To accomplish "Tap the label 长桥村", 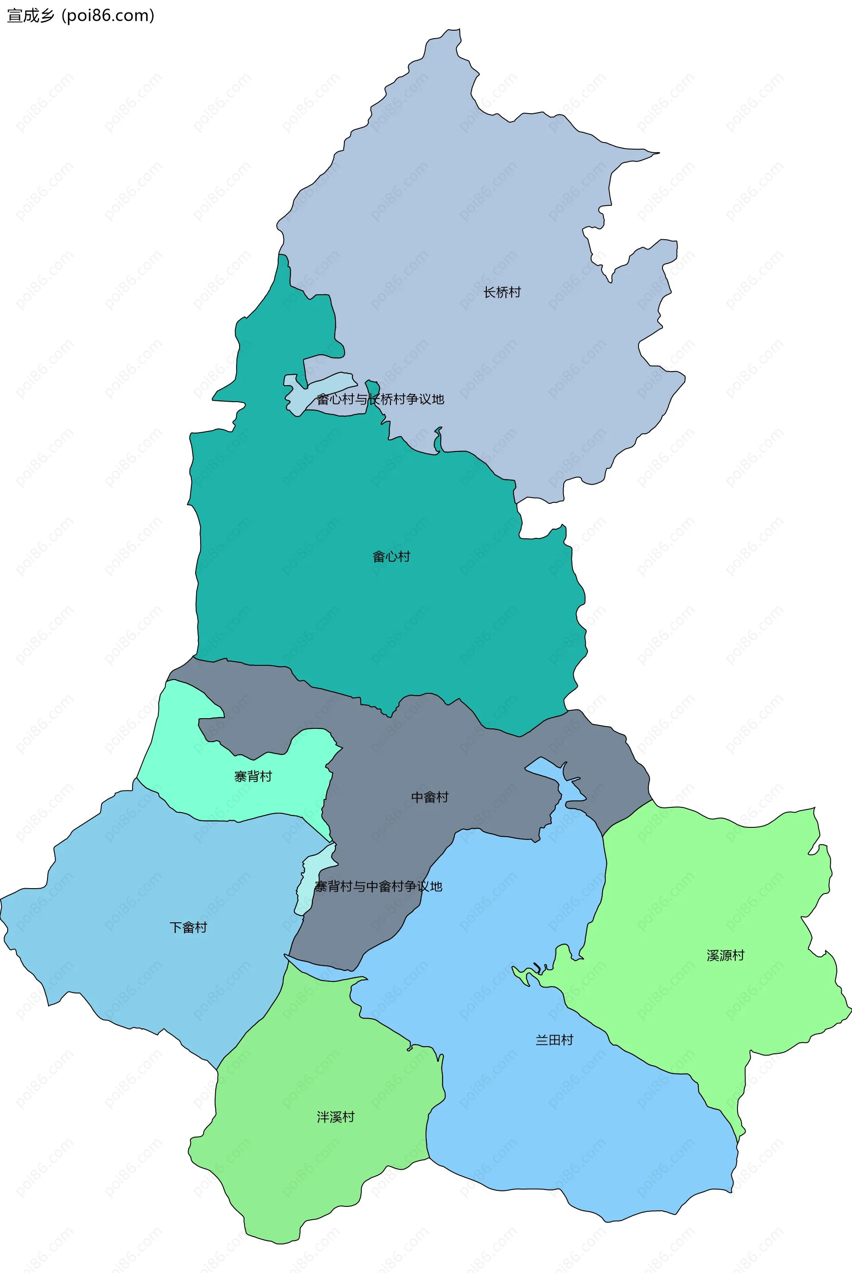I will click(x=502, y=293).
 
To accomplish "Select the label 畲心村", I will click(x=391, y=557).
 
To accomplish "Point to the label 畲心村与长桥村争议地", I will click(x=380, y=399).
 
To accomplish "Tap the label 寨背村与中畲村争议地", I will click(x=378, y=886).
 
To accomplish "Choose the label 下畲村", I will click(x=189, y=927).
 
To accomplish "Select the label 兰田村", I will click(x=554, y=1040).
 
